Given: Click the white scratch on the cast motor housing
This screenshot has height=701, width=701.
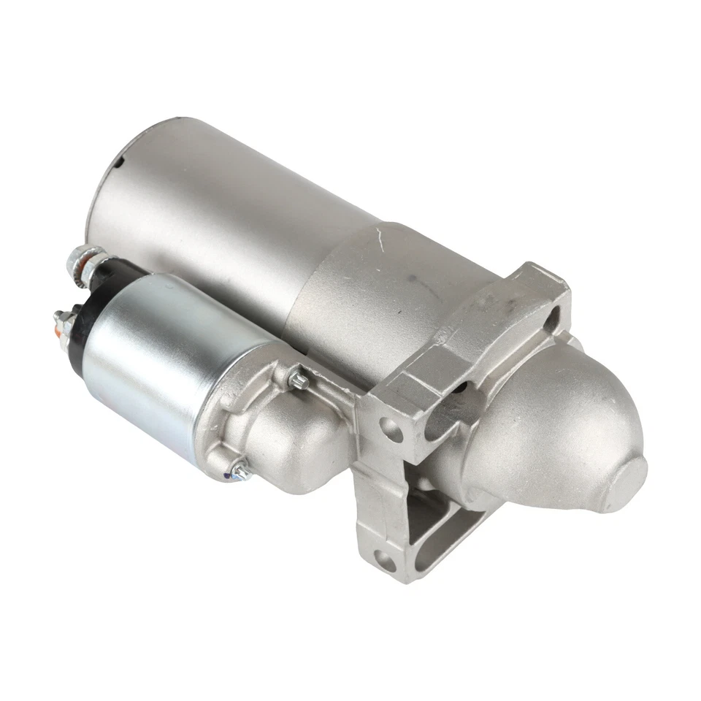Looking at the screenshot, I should coord(378,236).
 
